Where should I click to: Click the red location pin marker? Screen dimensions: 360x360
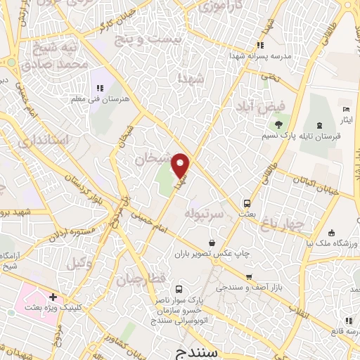(181, 165)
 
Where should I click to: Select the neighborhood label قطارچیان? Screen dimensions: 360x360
(147, 280)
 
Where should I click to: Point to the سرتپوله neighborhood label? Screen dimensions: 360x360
(204, 211)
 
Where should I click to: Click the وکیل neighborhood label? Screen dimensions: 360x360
(79, 263)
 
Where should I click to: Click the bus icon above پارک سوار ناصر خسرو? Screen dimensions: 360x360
(179, 289)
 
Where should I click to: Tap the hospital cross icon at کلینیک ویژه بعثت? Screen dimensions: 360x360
(53, 297)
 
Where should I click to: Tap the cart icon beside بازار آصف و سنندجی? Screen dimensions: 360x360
(248, 277)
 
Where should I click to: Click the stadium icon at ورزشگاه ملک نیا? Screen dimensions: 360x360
(332, 233)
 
